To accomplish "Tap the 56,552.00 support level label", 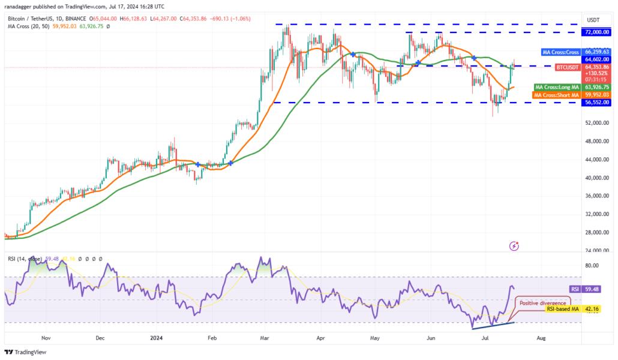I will (598, 103).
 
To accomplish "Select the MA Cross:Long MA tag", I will (556, 87).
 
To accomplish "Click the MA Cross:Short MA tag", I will (556, 95).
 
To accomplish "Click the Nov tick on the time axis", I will (46, 338).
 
